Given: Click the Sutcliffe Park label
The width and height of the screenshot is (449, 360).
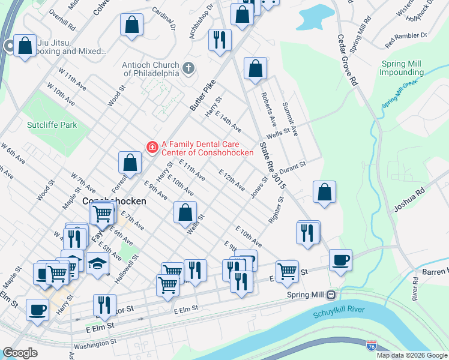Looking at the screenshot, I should tap(52, 125).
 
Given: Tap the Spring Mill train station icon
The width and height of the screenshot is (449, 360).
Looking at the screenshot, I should tap(330, 295).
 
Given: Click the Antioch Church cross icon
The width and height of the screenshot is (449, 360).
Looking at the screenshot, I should tap(188, 67).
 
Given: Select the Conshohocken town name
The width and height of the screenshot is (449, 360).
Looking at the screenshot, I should tap(114, 201).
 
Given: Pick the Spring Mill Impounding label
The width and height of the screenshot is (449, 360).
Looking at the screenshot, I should tap(406, 68).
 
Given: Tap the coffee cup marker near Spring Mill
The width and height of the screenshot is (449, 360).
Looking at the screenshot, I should tap(340, 260).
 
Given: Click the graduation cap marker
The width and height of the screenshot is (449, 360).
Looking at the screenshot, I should tap(97, 263).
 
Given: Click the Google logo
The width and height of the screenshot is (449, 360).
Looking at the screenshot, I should tap(20, 353).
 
